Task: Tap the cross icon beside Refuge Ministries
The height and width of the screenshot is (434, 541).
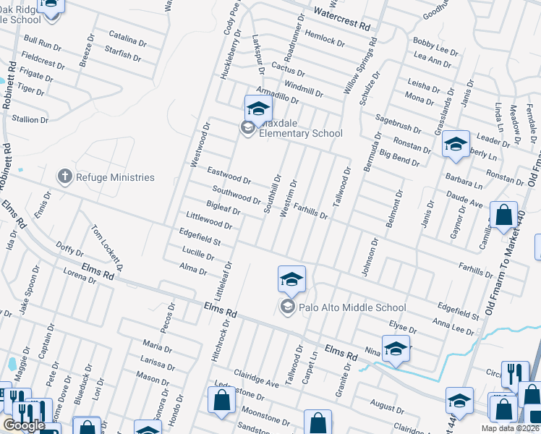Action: pos(64,176)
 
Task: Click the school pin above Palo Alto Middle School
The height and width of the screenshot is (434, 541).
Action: pos(291,279)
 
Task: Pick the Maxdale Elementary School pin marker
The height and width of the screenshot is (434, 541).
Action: pos(258,109)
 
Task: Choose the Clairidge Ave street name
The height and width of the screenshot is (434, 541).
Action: pos(256,378)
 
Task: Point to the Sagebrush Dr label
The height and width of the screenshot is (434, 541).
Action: pos(398,123)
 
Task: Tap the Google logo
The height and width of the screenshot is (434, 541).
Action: pos(24,425)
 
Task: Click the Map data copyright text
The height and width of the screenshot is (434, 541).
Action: pos(512,428)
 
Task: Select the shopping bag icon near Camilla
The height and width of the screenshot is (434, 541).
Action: pos(503,215)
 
